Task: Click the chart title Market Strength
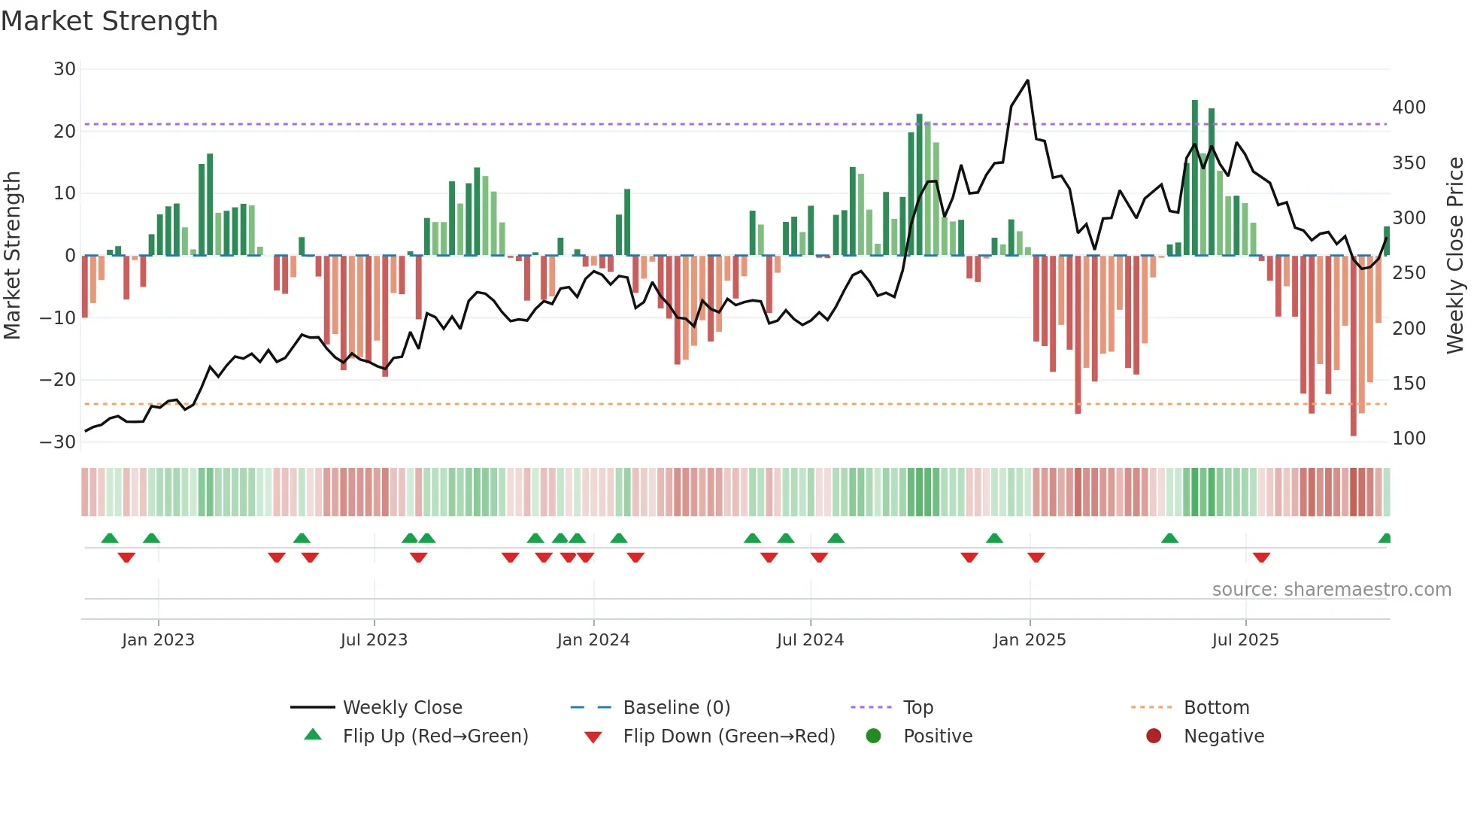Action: tap(109, 21)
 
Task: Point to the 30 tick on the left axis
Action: tap(65, 69)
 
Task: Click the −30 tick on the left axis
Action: tap(58, 442)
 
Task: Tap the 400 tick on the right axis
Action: tap(1409, 108)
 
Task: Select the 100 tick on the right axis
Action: tap(1409, 439)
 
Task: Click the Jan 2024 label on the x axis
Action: tap(593, 640)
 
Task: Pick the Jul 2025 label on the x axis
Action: tap(1245, 640)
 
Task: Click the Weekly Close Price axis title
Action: tap(1455, 256)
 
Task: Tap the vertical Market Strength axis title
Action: tap(12, 256)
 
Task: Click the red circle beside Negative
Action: tap(1154, 736)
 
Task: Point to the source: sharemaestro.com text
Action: tap(1331, 590)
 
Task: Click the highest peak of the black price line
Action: tap(1027, 80)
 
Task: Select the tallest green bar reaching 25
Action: tap(1195, 178)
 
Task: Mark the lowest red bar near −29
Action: tap(1354, 346)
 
